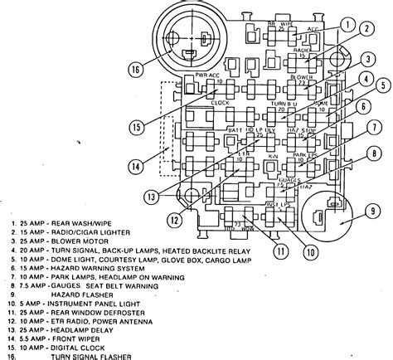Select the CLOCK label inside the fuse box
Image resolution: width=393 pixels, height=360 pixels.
(x=220, y=103)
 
